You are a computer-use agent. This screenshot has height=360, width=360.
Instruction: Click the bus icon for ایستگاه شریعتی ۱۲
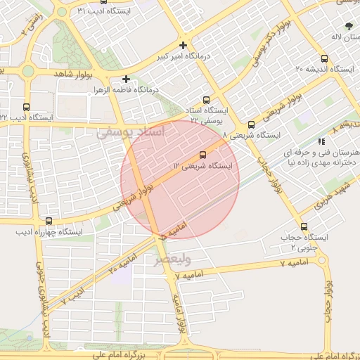pos(203,154)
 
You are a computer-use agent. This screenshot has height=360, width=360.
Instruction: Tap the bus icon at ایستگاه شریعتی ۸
pos(252,124)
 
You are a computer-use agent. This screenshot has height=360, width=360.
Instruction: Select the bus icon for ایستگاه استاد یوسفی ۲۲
pos(206,100)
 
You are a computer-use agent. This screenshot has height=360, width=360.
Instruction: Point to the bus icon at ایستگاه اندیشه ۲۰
pos(324,59)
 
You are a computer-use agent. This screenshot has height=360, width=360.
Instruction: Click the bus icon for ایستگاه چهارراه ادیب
pos(48,221)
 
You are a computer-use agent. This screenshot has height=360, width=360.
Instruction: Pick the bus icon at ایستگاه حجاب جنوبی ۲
pos(304,226)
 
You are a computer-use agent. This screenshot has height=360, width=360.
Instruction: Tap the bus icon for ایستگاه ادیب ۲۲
pos(27,107)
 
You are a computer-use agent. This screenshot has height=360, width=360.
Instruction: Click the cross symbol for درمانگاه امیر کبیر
pos(183,46)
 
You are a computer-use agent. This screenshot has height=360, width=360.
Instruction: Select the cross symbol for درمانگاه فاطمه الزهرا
pos(126,79)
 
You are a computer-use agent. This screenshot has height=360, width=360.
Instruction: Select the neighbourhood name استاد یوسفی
pos(130,131)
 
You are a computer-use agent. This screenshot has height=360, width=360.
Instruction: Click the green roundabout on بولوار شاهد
pos(27,70)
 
